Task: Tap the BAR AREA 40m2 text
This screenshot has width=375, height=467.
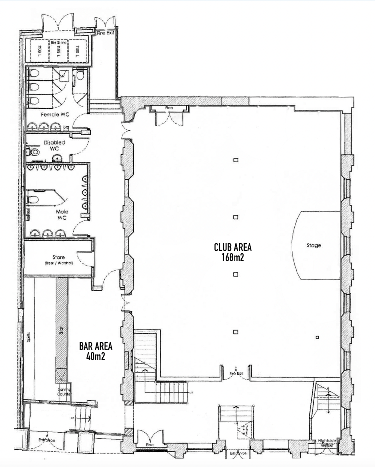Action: click(x=96, y=351)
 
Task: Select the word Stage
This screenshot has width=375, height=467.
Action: click(x=313, y=245)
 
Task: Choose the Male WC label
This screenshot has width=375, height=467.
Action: click(x=62, y=215)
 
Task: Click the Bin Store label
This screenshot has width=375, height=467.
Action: click(x=58, y=43)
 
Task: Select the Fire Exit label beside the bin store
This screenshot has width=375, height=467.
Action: click(x=105, y=33)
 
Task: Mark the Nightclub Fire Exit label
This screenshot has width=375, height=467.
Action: click(x=328, y=443)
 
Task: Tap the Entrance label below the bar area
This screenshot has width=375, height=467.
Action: click(x=47, y=440)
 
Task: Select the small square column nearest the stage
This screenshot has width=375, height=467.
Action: click(x=317, y=337)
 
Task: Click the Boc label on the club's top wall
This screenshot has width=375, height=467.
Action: click(x=169, y=108)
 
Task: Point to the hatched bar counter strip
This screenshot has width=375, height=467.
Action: click(x=62, y=329)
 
